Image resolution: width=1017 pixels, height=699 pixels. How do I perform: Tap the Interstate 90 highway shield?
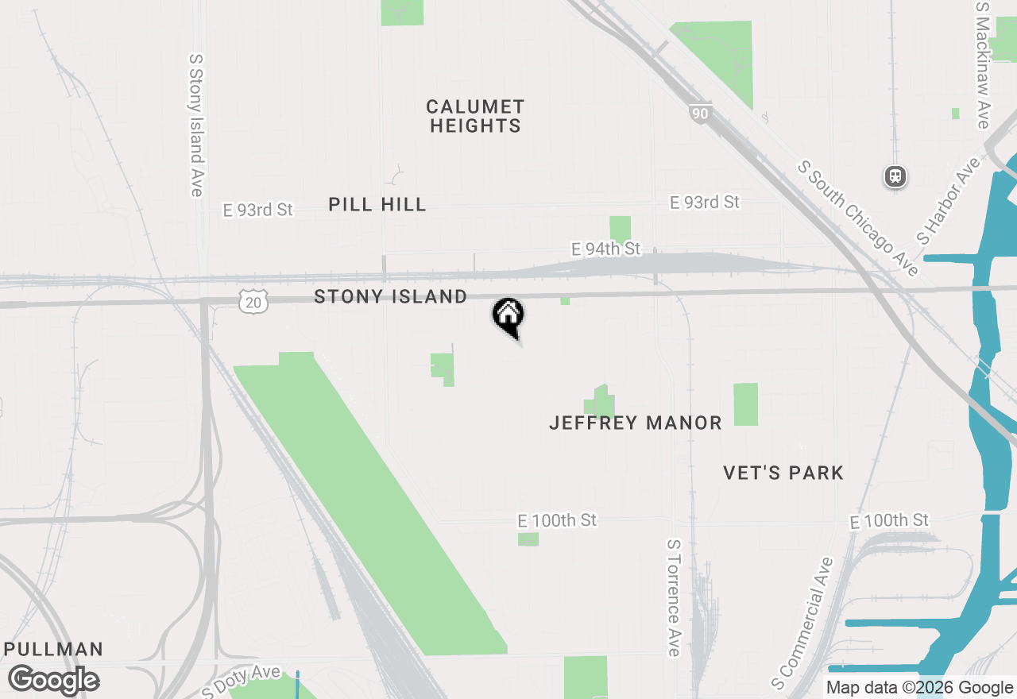[699, 114]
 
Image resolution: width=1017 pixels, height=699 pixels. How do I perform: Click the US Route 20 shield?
[253, 300]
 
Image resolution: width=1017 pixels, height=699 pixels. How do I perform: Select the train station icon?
[895, 176]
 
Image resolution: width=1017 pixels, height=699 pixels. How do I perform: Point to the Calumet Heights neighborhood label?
[475, 116]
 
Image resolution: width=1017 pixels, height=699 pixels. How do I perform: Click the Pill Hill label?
[377, 204]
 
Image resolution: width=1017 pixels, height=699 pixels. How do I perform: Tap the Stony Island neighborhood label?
[390, 296]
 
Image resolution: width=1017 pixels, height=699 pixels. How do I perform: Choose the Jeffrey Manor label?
[636, 423]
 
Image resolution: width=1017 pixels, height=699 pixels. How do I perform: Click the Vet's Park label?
[783, 473]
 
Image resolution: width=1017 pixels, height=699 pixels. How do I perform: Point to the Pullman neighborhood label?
[53, 649]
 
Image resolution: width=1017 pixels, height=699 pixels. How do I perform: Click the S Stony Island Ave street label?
[196, 125]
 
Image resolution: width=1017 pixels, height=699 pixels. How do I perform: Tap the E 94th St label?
[605, 249]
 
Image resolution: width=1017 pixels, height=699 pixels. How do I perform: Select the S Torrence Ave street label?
[673, 598]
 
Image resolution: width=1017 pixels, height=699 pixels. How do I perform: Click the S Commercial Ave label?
[802, 624]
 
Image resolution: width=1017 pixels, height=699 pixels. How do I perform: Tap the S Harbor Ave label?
[949, 200]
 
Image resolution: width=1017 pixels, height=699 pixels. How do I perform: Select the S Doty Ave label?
[242, 682]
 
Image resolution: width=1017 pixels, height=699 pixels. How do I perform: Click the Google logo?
[53, 680]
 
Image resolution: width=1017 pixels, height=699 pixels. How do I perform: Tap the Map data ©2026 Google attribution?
[919, 688]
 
